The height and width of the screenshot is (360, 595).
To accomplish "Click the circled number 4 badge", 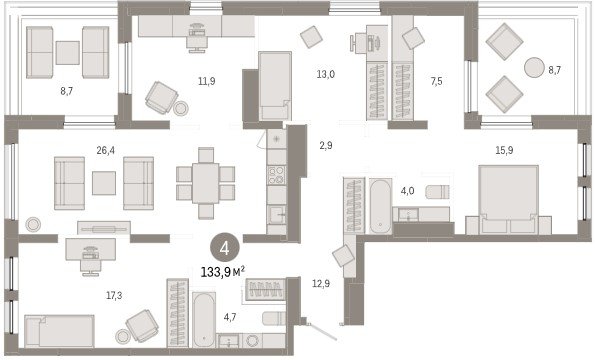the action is point(225,248).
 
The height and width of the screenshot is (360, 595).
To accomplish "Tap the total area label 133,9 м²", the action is point(223,272).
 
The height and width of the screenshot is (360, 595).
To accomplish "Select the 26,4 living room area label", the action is point(105,150).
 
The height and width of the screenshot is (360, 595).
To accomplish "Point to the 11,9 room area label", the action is point(207,80).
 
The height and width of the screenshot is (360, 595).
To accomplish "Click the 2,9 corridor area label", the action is point(326,145).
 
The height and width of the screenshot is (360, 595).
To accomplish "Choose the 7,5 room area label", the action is point(437,81).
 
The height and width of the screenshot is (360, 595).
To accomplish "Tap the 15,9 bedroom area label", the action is point(504,150).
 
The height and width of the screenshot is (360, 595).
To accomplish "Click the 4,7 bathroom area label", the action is point(230,317).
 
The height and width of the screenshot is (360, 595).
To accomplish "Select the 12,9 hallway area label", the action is point(321,283).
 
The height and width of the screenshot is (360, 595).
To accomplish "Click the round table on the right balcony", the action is point(535,68).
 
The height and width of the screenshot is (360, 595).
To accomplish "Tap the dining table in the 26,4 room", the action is point(205,183).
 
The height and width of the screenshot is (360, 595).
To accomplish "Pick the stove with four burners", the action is point(276,175).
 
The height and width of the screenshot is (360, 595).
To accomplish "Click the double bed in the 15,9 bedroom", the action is point(508,199).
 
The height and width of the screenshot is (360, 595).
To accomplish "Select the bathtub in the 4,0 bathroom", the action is point(381,206).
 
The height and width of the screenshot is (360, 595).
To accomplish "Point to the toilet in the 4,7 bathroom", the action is point(274,318).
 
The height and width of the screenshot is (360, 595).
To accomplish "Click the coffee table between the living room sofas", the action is point(104,183).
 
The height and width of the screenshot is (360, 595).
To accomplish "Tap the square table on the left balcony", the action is point(68,53).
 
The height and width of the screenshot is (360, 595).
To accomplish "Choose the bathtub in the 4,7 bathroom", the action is point(204,319).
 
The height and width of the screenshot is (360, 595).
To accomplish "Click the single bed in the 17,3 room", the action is point(60,331).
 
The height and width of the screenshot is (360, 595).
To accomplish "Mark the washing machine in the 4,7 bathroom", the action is point(252,340).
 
